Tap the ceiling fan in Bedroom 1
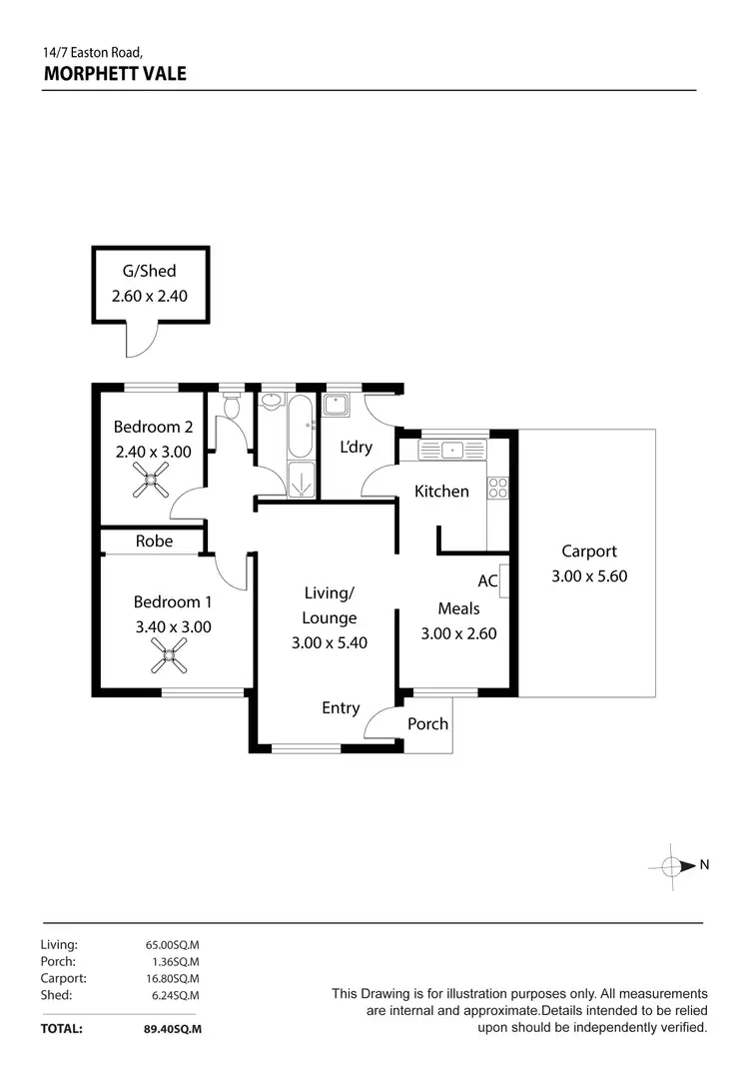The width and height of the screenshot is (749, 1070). tap(169, 658)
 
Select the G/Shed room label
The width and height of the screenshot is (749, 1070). tap(150, 269)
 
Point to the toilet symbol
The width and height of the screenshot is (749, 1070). tap(232, 405)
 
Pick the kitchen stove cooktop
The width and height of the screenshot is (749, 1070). tap(497, 489)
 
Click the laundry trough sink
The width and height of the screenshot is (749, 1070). tap(336, 406)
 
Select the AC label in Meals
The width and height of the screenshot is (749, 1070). tap(487, 580)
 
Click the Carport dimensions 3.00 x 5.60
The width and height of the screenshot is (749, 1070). tap(589, 575)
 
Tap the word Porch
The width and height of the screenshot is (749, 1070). tap(427, 723)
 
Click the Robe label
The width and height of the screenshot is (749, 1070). tap(154, 540)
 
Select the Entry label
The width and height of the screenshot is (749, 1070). tap(341, 707)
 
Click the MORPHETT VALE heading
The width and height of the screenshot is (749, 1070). tap(115, 73)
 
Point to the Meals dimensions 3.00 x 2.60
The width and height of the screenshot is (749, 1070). tap(458, 632)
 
